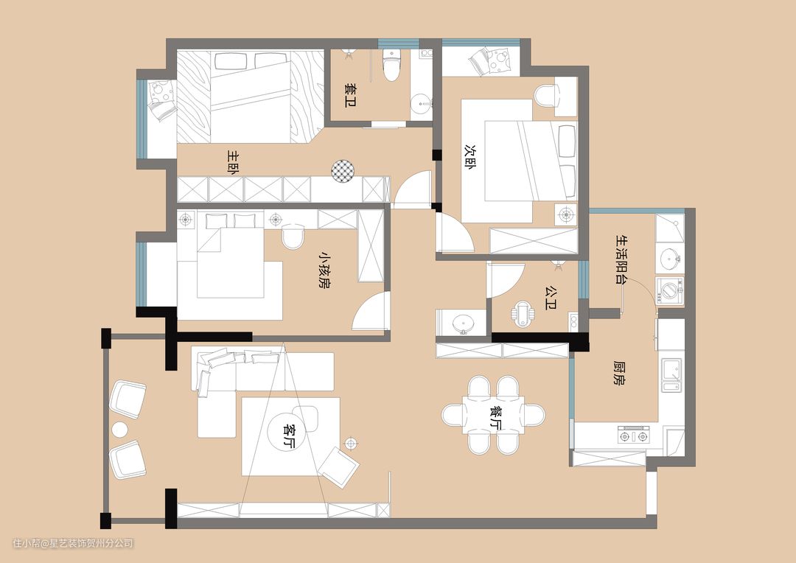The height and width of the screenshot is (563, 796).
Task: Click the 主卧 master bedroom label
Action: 233,162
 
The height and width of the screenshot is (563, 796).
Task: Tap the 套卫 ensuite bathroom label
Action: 350,96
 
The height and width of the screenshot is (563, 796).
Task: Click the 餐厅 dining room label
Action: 496,418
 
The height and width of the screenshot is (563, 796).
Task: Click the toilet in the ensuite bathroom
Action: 391,66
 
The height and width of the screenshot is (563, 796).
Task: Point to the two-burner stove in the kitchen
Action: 634,435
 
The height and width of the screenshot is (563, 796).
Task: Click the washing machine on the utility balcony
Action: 669,290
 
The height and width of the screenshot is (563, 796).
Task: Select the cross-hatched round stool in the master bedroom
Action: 342,170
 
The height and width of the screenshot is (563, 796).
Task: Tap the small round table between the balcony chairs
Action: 120,430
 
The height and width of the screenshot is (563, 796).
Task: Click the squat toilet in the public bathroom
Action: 523,312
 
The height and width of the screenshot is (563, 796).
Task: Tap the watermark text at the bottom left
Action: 72,543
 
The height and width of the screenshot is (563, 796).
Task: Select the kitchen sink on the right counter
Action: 671,375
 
